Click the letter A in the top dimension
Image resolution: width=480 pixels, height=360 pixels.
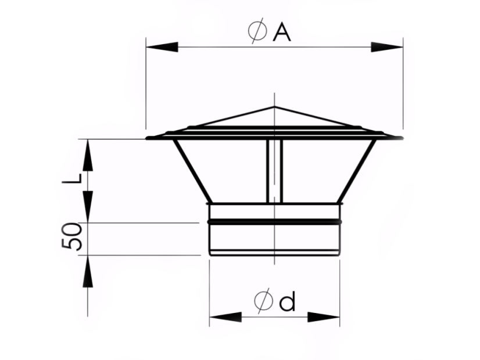click(x=281, y=33)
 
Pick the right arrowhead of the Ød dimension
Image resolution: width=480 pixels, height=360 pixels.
click(x=324, y=317)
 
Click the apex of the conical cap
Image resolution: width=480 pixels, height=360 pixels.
click(x=274, y=107)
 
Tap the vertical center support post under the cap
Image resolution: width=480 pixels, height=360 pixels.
click(x=274, y=171)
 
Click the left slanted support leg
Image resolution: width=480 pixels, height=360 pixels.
click(x=191, y=171)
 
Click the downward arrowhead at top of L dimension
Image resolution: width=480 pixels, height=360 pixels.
click(x=88, y=154)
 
